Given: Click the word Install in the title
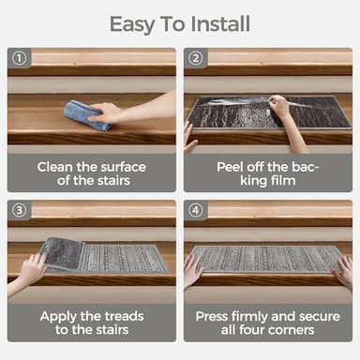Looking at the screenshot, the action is pyautogui.click(x=220, y=24).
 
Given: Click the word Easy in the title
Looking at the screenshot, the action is pyautogui.click(x=131, y=25).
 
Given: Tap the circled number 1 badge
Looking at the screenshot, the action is pyautogui.click(x=19, y=58).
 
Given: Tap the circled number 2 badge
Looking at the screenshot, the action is pyautogui.click(x=196, y=58).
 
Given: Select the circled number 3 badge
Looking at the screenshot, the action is pyautogui.click(x=19, y=210).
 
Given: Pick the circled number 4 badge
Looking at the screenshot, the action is pyautogui.click(x=196, y=210).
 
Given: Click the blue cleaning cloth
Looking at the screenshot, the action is pyautogui.click(x=86, y=115).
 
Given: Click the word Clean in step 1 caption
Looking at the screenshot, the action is pyautogui.click(x=55, y=167).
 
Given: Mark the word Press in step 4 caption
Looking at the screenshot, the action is pyautogui.click(x=212, y=317).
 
